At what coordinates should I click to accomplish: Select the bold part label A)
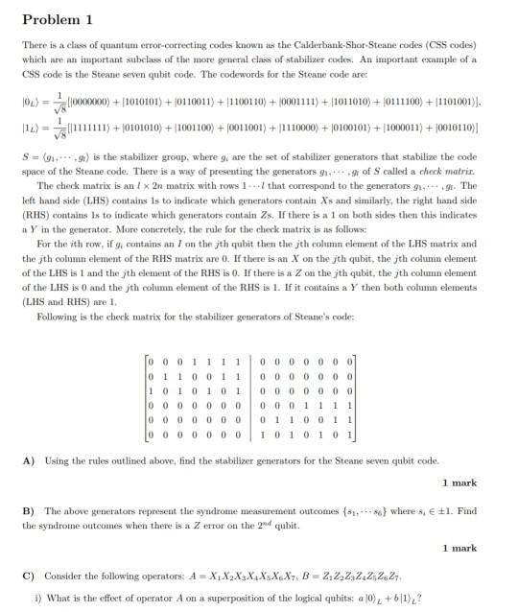[28, 460]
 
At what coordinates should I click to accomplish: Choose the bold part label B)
[28, 511]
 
